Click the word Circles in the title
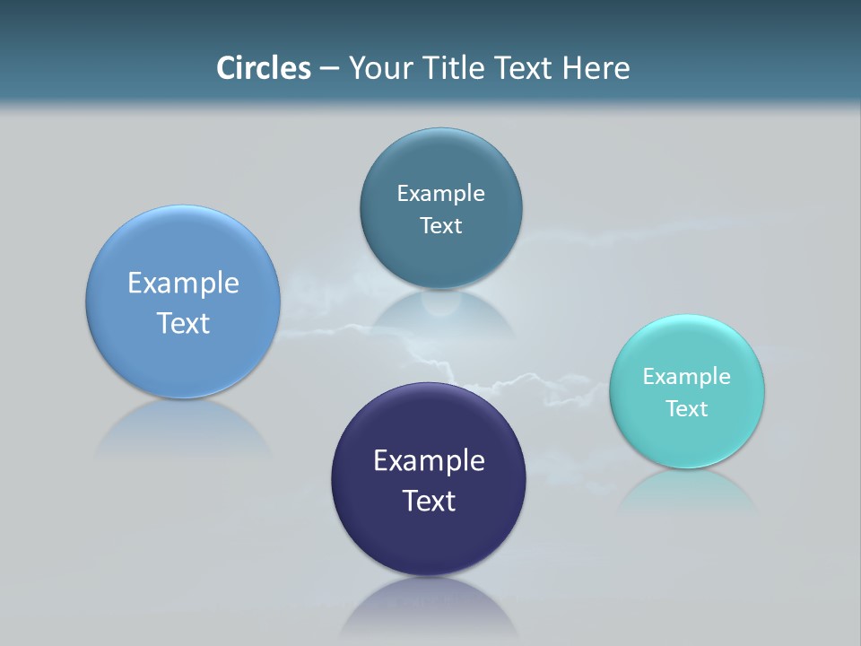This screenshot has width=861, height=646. pyautogui.click(x=263, y=68)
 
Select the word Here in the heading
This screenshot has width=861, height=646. pyautogui.click(x=596, y=68)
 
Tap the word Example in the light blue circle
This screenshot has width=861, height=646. pyautogui.click(x=183, y=284)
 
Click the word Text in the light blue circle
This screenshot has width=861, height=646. pyautogui.click(x=183, y=323)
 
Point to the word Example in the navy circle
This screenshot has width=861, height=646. pyautogui.click(x=429, y=461)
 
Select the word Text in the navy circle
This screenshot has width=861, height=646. pyautogui.click(x=429, y=501)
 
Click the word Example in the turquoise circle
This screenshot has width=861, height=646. pyautogui.click(x=687, y=377)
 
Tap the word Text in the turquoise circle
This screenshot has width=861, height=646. pyautogui.click(x=687, y=409)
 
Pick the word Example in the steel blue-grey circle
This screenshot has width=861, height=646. pyautogui.click(x=441, y=194)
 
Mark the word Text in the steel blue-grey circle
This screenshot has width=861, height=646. pyautogui.click(x=441, y=226)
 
